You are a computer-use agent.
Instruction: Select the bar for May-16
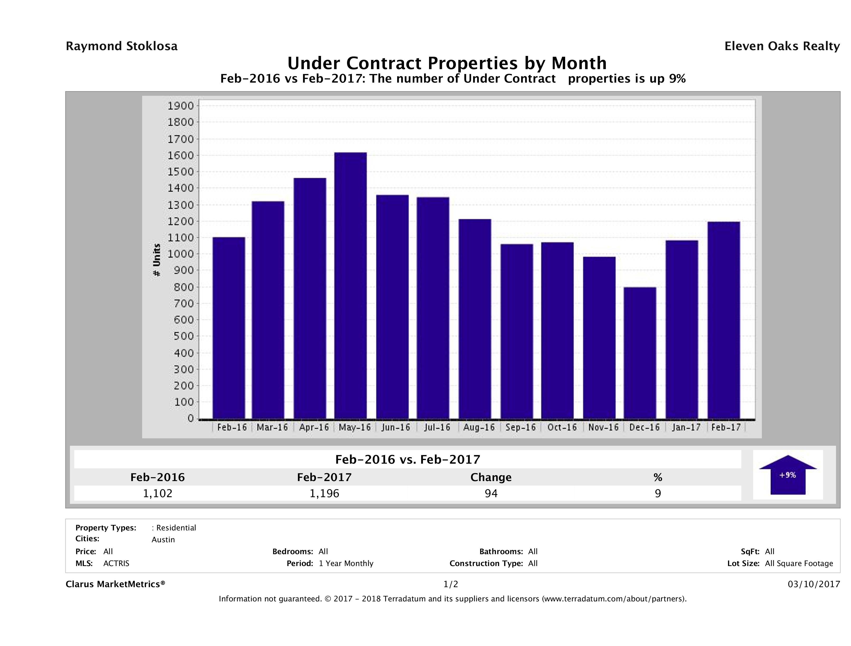pyautogui.click(x=350, y=285)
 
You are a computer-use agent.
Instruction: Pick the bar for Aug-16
pyautogui.click(x=475, y=319)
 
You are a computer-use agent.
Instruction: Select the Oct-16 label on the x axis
pyautogui.click(x=562, y=427)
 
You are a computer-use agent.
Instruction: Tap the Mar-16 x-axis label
pyautogui.click(x=272, y=427)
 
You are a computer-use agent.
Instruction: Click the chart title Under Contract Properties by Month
pyautogui.click(x=447, y=63)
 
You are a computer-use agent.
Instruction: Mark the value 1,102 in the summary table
pyautogui.click(x=157, y=493)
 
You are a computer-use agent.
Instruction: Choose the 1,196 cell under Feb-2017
pyautogui.click(x=324, y=493)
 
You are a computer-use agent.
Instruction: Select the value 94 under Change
pyautogui.click(x=491, y=493)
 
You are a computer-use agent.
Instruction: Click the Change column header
pyautogui.click(x=491, y=477)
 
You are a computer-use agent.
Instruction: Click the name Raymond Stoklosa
pyautogui.click(x=122, y=46)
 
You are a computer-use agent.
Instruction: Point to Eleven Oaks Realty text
pyautogui.click(x=782, y=46)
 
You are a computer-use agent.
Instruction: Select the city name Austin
pyautogui.click(x=163, y=540)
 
